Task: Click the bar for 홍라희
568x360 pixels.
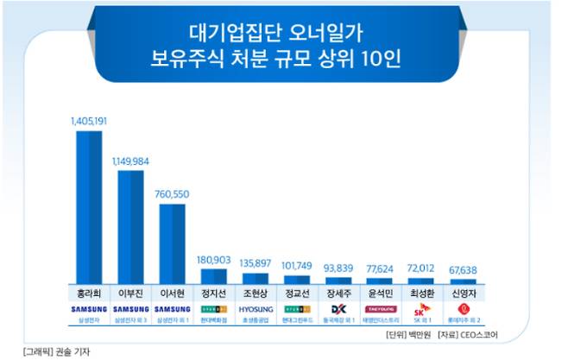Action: (89, 207)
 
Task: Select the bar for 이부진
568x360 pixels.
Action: (130, 227)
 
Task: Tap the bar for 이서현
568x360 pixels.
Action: (172, 243)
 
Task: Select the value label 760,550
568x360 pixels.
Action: (172, 194)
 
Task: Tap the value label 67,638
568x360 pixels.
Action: (463, 268)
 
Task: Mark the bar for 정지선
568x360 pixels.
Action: (213, 276)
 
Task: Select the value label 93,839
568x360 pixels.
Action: (338, 267)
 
